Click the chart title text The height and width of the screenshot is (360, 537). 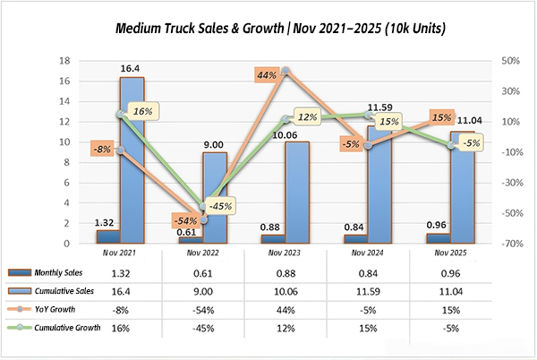tap(268, 28)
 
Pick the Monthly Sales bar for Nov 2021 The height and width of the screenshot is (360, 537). tap(107, 236)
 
